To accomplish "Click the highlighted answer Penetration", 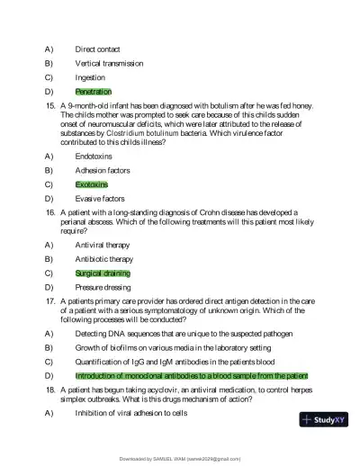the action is click(94, 92).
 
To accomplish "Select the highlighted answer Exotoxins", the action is click(91, 184).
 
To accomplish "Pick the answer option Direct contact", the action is click(98, 49).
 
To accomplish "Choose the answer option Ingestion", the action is click(90, 77).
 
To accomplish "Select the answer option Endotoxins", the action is click(94, 156).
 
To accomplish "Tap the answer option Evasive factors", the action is click(100, 199).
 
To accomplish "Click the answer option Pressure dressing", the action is click(103, 287).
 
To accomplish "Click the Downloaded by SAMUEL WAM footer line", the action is click(180, 458).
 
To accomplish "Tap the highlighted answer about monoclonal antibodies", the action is click(192, 375).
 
